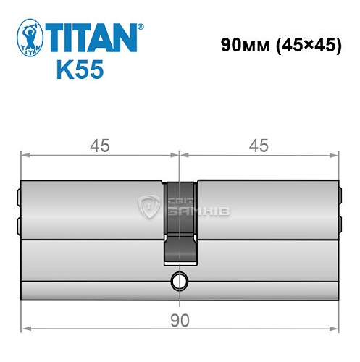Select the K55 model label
coord(80,71)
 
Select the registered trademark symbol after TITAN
coord(140,26)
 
